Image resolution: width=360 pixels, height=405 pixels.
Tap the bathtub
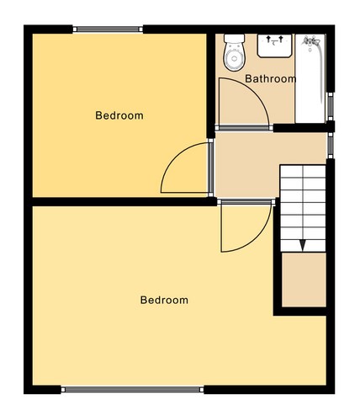[x=311, y=80]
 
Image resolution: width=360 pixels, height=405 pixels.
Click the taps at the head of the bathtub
[x=311, y=41]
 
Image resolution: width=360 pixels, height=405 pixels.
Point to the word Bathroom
[x=270, y=79]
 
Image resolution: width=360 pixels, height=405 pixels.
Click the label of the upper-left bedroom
[x=119, y=116]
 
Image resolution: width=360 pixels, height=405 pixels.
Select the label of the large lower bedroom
[x=164, y=300]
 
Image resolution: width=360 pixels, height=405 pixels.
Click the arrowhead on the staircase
[x=302, y=245]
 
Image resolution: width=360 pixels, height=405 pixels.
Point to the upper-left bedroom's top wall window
[x=107, y=30]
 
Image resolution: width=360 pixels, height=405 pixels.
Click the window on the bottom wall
[x=132, y=389]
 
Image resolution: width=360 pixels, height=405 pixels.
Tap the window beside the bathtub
[x=330, y=105]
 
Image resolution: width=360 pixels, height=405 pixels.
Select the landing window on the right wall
[x=331, y=144]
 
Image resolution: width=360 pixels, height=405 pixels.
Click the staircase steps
[x=302, y=202]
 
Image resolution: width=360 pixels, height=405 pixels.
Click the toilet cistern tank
[x=234, y=39]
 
